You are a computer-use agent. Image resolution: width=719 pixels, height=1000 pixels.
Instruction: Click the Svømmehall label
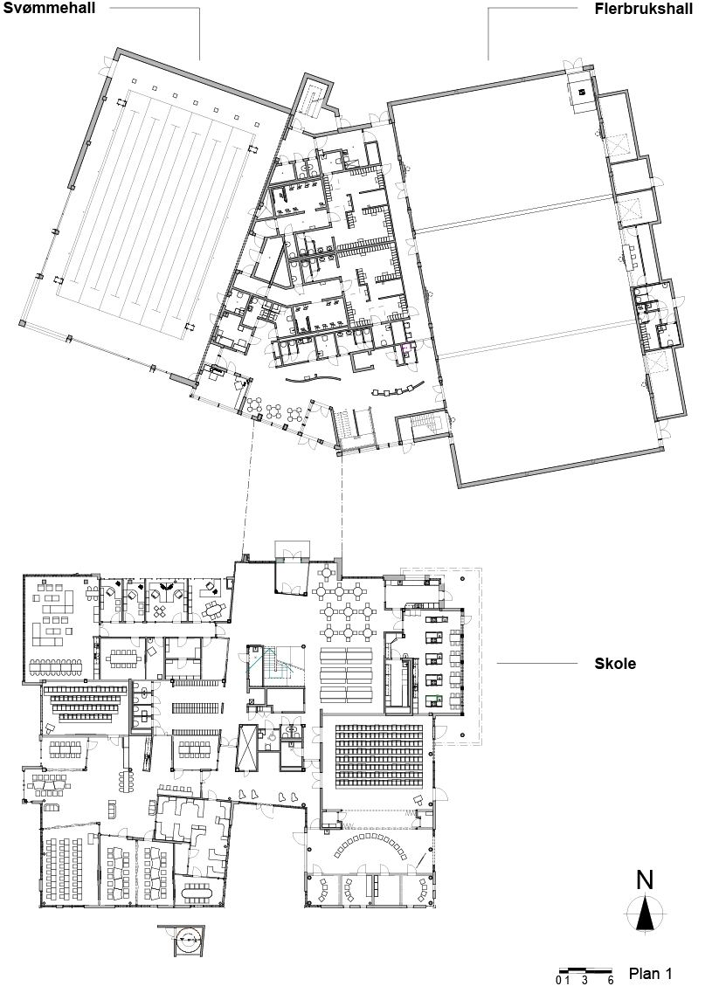[49, 8]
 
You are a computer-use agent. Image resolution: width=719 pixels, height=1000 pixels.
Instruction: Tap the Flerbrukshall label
[644, 9]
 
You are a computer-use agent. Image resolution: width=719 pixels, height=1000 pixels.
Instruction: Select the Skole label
[615, 663]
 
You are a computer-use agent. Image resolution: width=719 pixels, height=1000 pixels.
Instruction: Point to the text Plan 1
[650, 973]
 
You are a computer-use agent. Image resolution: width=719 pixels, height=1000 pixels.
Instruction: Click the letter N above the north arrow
[645, 879]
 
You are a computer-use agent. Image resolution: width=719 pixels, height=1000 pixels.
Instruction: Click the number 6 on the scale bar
[610, 980]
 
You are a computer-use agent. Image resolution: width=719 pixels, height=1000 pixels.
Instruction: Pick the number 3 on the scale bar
[584, 980]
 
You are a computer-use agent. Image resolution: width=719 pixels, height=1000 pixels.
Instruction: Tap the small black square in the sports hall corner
[582, 92]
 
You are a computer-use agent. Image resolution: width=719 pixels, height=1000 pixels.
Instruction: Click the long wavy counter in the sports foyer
[316, 379]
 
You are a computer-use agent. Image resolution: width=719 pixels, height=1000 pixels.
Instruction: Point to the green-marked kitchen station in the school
[436, 699]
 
